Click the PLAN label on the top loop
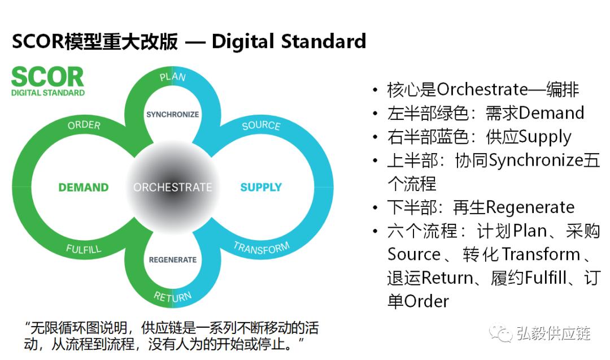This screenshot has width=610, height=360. [172, 76]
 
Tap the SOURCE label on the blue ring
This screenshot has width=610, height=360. [261, 125]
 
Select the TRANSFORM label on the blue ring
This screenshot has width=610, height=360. [261, 248]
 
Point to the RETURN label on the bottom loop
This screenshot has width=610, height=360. [172, 296]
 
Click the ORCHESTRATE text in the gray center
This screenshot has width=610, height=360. [172, 187]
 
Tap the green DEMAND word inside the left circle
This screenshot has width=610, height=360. [84, 187]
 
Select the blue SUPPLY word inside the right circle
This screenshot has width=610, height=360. [261, 187]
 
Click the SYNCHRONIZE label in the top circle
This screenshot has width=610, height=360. [172, 114]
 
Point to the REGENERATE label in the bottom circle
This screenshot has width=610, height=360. [172, 260]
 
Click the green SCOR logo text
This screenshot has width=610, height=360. [47, 77]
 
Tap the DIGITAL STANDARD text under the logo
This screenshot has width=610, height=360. [48, 93]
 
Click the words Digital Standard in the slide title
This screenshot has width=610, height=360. [289, 41]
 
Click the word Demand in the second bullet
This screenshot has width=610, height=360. [551, 113]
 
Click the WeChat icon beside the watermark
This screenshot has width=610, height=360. [500, 333]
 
